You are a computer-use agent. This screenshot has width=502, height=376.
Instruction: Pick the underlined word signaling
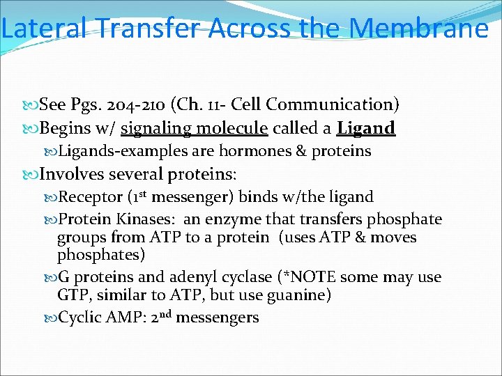tap(156, 128)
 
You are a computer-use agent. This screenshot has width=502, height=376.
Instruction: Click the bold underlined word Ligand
tap(366, 128)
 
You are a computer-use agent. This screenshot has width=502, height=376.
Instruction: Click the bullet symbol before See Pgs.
tap(30, 106)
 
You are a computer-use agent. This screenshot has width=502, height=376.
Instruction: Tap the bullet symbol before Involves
tap(30, 174)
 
